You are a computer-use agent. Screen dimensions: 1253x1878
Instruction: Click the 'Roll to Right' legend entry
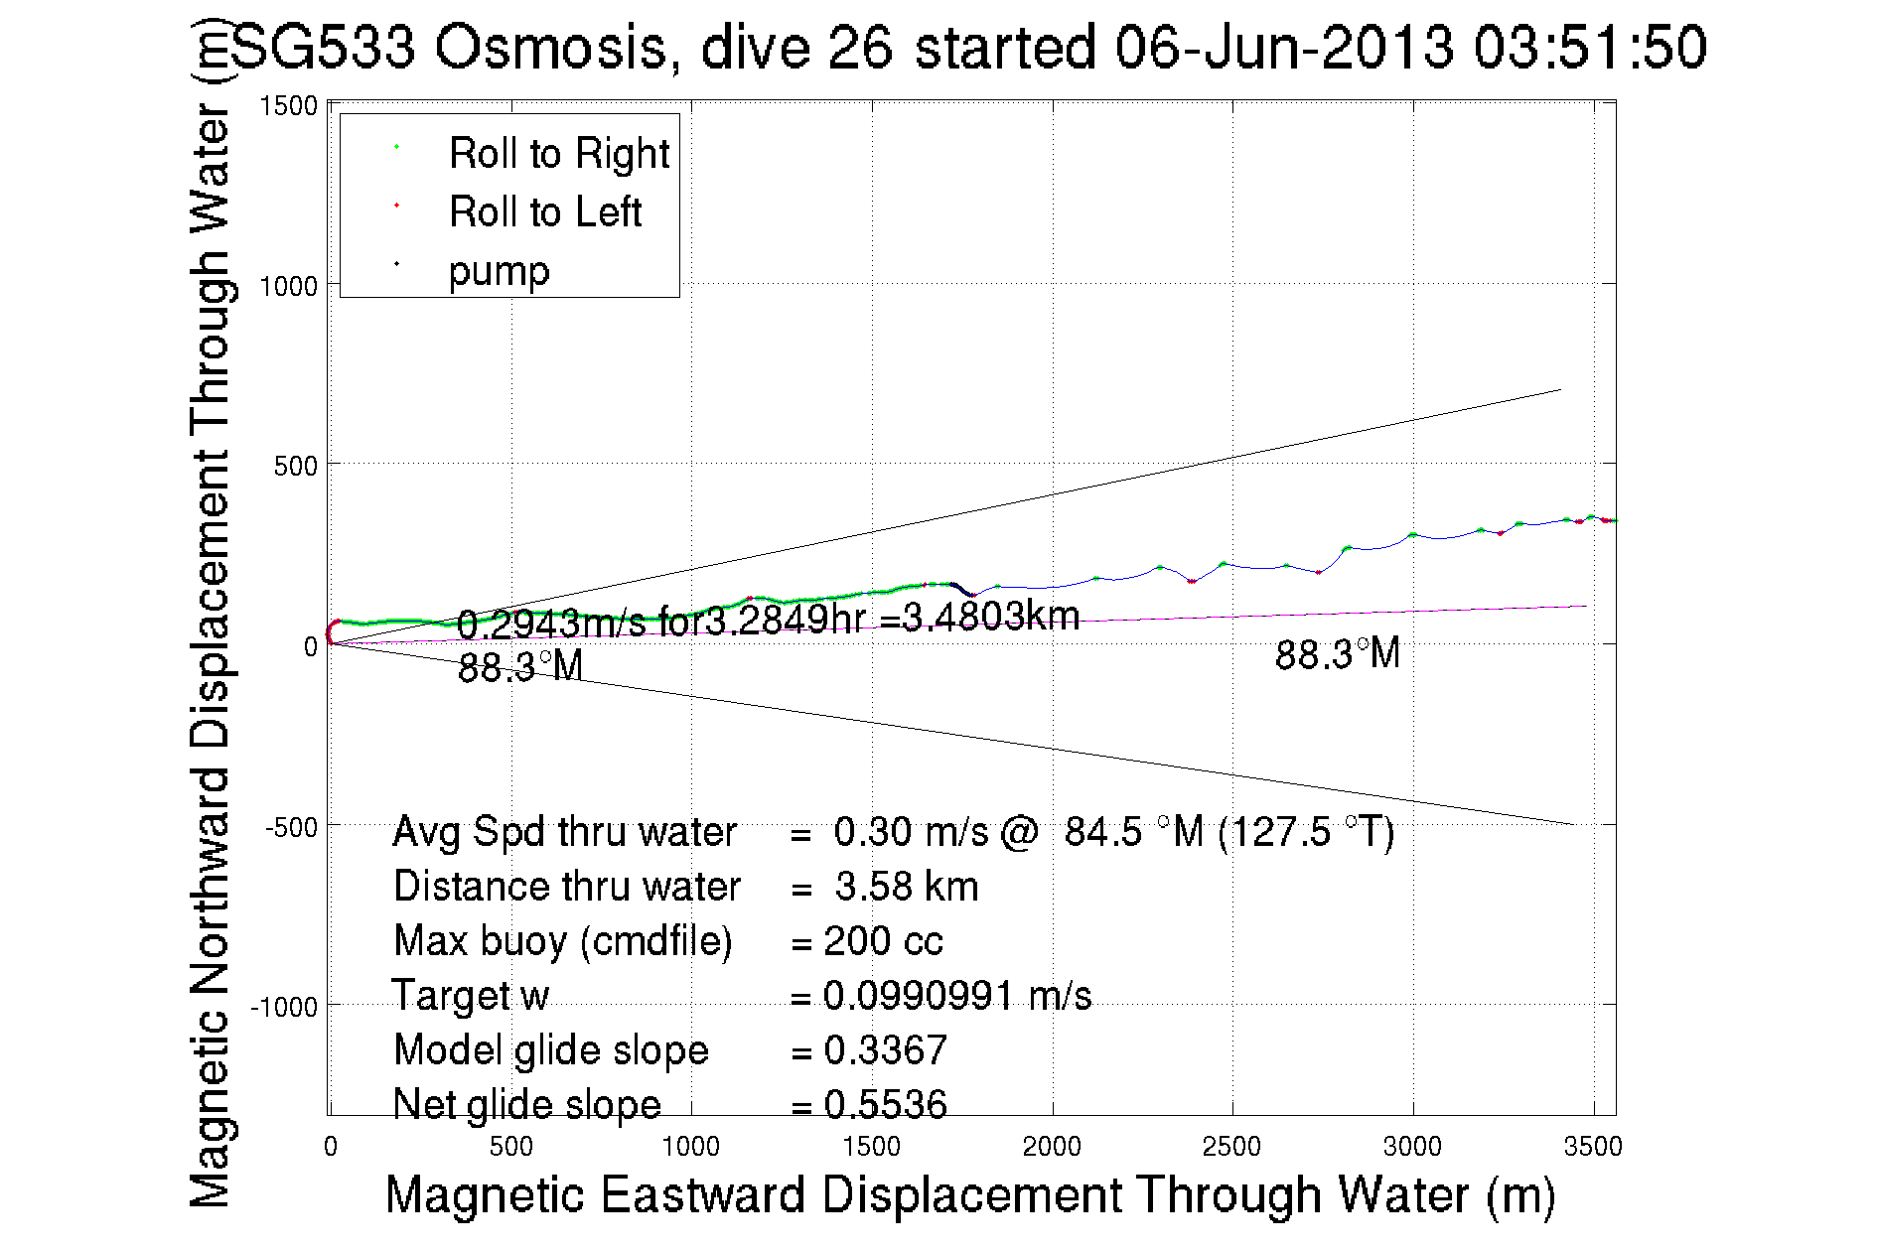(x=558, y=154)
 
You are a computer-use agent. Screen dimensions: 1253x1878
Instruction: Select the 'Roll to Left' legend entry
(x=544, y=212)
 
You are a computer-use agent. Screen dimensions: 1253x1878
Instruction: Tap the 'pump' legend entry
(x=499, y=271)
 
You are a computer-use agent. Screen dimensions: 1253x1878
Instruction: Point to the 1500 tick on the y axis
(x=288, y=106)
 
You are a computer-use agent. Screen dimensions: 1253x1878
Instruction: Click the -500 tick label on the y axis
(x=290, y=827)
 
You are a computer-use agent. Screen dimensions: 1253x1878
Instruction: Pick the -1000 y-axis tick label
(x=283, y=1007)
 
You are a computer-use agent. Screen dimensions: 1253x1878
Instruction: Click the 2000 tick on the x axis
(x=1052, y=1147)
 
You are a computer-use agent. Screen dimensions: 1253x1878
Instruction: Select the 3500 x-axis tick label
(x=1592, y=1147)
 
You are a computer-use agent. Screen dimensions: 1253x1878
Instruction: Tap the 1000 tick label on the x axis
(x=690, y=1147)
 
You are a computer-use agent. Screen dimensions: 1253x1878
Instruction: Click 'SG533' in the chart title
(x=323, y=47)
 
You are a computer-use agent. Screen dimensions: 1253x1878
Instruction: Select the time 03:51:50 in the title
(x=1589, y=47)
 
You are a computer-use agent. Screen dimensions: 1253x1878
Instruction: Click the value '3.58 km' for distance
(x=906, y=887)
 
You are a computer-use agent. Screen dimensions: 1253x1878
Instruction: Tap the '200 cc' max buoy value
(x=883, y=941)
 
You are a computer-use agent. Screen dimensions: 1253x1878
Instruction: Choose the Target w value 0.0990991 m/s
(x=956, y=996)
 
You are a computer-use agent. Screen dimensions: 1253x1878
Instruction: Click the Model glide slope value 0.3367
(x=885, y=1050)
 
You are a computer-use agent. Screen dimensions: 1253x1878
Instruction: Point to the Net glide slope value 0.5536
(x=885, y=1104)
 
